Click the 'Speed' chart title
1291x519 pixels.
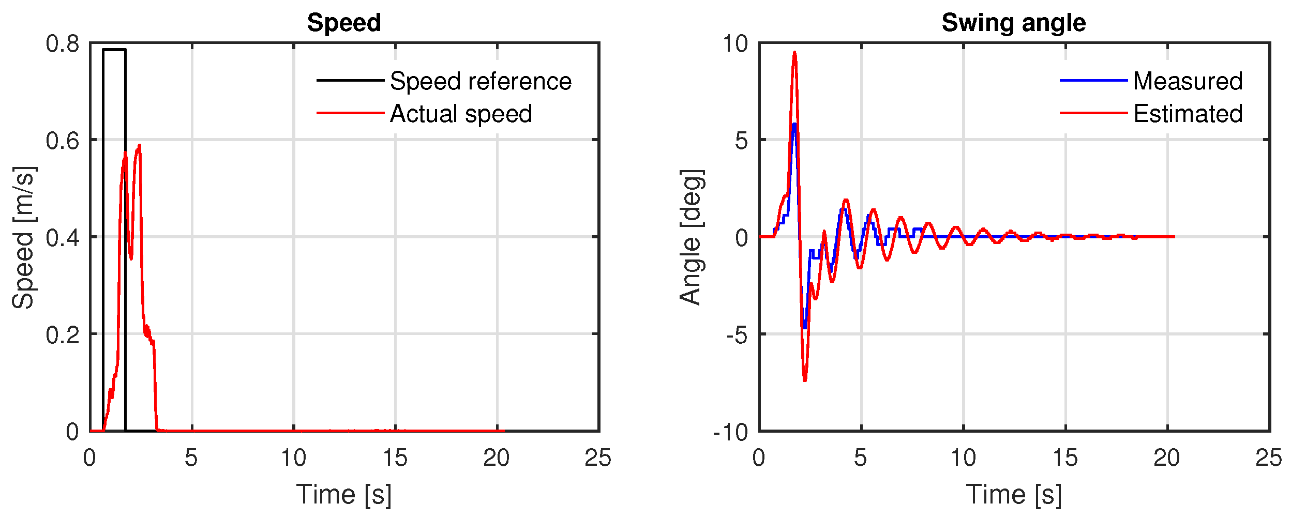(344, 23)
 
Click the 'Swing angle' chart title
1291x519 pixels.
(1013, 23)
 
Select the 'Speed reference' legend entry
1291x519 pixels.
(481, 81)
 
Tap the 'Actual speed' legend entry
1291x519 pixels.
(461, 114)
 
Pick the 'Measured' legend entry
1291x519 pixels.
(1188, 81)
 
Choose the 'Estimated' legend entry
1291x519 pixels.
(1188, 114)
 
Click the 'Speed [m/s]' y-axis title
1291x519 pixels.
(24, 237)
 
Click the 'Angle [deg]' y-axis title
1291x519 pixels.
(691, 237)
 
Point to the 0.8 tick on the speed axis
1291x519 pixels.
(63, 43)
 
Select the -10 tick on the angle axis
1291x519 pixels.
(730, 432)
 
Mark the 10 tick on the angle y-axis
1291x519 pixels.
(735, 43)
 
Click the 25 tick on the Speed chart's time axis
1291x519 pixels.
(598, 458)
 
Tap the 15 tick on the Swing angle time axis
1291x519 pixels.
(1065, 458)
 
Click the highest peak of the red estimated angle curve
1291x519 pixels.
(794, 53)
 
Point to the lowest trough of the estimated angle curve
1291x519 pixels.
(805, 380)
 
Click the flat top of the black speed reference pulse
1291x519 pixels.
(114, 50)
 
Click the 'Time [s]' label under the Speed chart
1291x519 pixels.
(344, 494)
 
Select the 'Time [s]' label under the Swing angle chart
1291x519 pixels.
(1013, 494)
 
